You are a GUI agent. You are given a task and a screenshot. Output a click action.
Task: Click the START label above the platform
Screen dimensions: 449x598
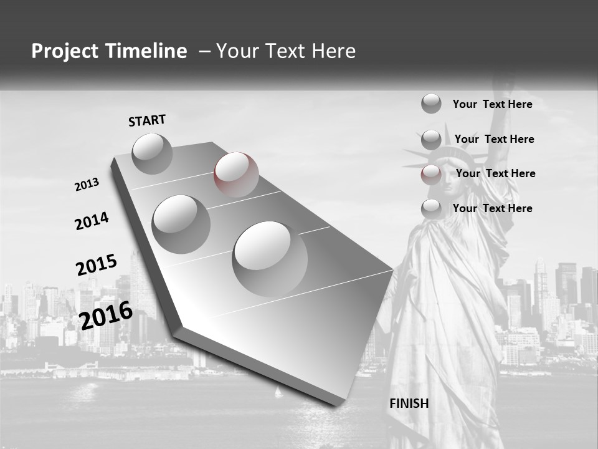(x=147, y=120)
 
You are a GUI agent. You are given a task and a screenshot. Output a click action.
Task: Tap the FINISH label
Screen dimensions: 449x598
(x=409, y=403)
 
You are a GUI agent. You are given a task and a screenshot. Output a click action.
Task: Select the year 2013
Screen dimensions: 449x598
(x=87, y=185)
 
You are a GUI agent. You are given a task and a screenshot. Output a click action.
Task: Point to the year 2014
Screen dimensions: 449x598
(x=92, y=221)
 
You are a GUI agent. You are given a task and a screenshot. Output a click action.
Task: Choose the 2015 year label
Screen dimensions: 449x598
(x=96, y=265)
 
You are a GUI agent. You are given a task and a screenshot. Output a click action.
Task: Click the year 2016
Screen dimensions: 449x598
(x=106, y=315)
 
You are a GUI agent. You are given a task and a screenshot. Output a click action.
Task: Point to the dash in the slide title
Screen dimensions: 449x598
(x=204, y=51)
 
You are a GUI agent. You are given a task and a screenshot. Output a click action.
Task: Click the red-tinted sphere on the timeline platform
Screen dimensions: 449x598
(x=236, y=173)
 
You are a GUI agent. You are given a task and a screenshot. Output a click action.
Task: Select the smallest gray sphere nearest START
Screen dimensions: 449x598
(x=152, y=153)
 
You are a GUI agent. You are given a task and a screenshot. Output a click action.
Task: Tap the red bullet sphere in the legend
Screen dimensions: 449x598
(x=430, y=174)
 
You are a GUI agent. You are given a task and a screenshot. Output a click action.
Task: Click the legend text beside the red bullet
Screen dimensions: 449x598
(x=495, y=173)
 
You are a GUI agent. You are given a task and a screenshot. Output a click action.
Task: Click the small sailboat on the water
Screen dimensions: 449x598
(x=278, y=392)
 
